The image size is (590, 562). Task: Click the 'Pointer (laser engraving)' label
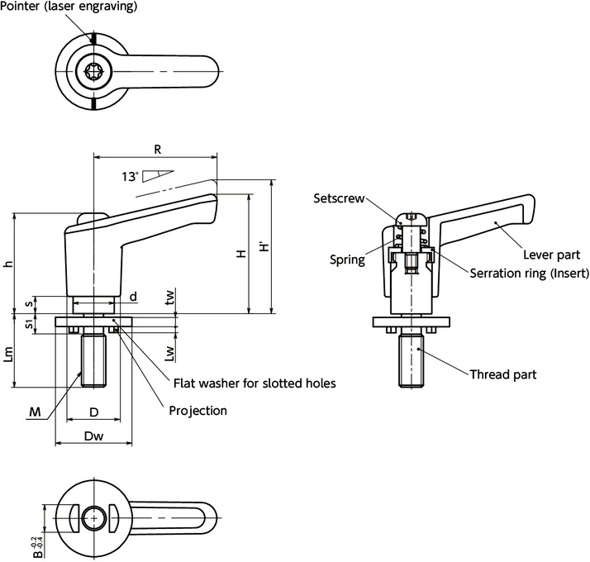coord(69,7)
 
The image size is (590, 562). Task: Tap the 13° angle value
coord(129,176)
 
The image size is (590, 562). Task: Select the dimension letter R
coord(156,150)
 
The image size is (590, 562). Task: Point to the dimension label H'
coord(264,246)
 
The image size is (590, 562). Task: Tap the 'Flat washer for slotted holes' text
coord(254,383)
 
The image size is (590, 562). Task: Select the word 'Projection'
coord(197,411)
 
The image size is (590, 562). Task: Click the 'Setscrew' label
coord(335,198)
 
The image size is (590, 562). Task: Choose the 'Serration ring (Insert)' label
coord(529,274)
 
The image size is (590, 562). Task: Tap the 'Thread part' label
coord(502,374)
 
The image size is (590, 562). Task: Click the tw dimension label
coord(169,298)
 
